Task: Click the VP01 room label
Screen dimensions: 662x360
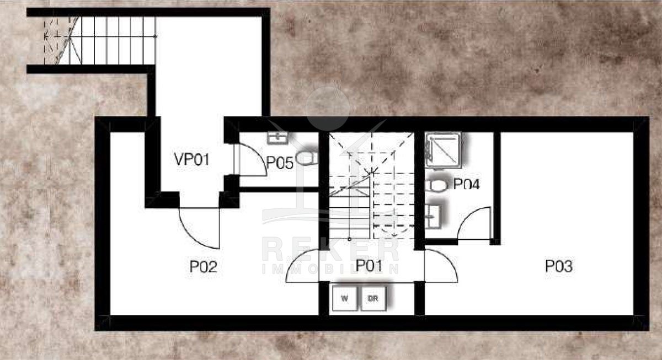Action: tap(192, 159)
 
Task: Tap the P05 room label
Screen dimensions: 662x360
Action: tap(280, 163)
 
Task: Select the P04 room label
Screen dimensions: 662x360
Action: tap(466, 184)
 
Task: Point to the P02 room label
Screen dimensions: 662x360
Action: tap(204, 266)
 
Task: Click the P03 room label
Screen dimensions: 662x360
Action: tap(558, 266)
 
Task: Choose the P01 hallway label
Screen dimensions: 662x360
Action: tap(369, 265)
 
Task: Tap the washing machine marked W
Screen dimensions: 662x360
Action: tap(345, 298)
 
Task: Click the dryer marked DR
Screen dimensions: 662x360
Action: tap(373, 298)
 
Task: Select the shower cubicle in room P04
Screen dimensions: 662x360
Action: tap(443, 151)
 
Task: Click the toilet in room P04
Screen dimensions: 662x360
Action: tap(436, 185)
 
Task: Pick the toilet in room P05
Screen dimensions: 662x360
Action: tap(307, 158)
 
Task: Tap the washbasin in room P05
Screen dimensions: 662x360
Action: tap(277, 138)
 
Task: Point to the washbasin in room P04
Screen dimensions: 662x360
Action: tap(433, 217)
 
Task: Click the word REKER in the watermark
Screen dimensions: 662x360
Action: tap(331, 250)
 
